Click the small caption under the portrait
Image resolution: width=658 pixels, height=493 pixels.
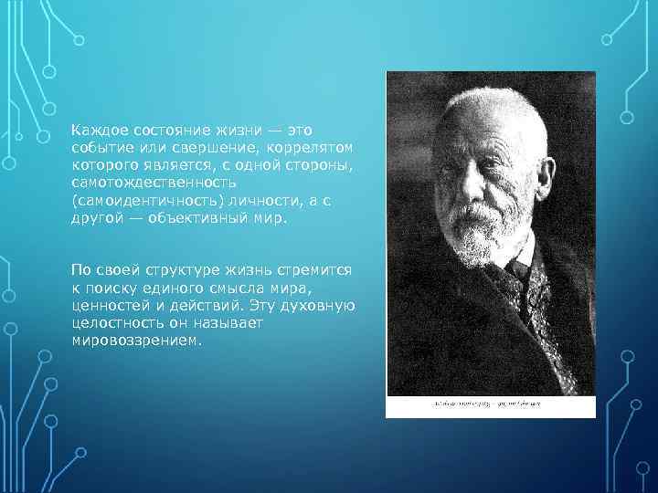click(490, 403)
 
